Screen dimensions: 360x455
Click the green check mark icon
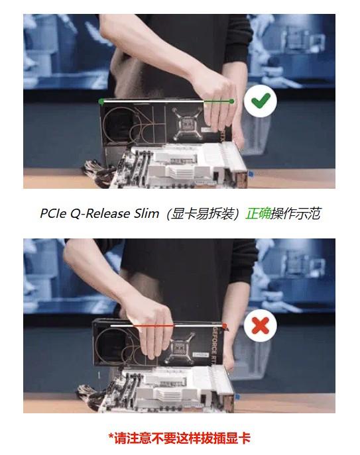(261, 101)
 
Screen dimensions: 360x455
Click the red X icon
(261, 325)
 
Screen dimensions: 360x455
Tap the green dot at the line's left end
(101, 101)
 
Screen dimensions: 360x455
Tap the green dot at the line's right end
(231, 101)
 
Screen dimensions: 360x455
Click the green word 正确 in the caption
(258, 213)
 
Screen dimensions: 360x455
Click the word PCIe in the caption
(54, 214)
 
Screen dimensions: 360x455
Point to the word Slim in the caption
(147, 213)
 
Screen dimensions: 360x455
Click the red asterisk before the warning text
(111, 436)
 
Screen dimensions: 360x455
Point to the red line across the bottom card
(168, 326)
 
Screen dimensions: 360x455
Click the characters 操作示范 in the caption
(296, 213)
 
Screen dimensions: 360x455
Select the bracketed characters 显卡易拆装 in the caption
(202, 214)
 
